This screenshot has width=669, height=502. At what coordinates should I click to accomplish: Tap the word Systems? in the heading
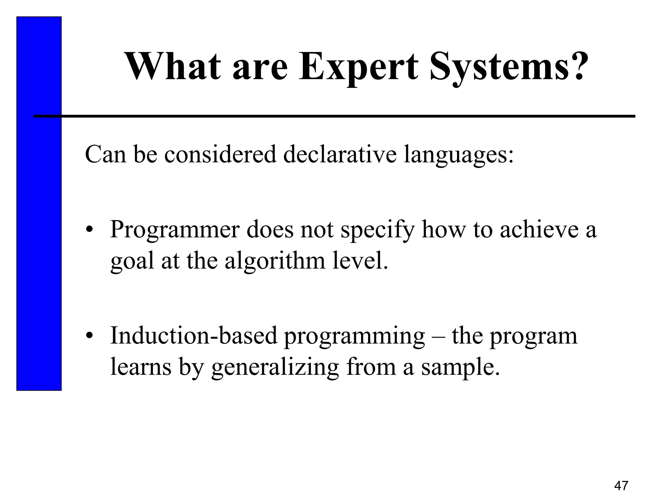pos(507,67)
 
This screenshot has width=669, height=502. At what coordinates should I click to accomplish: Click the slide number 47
pos(621,486)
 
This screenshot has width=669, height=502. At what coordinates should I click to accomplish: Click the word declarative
pos(340,154)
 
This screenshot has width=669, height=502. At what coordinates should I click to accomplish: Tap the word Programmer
pos(175,230)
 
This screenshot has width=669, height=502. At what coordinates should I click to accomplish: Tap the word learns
pos(141,367)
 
